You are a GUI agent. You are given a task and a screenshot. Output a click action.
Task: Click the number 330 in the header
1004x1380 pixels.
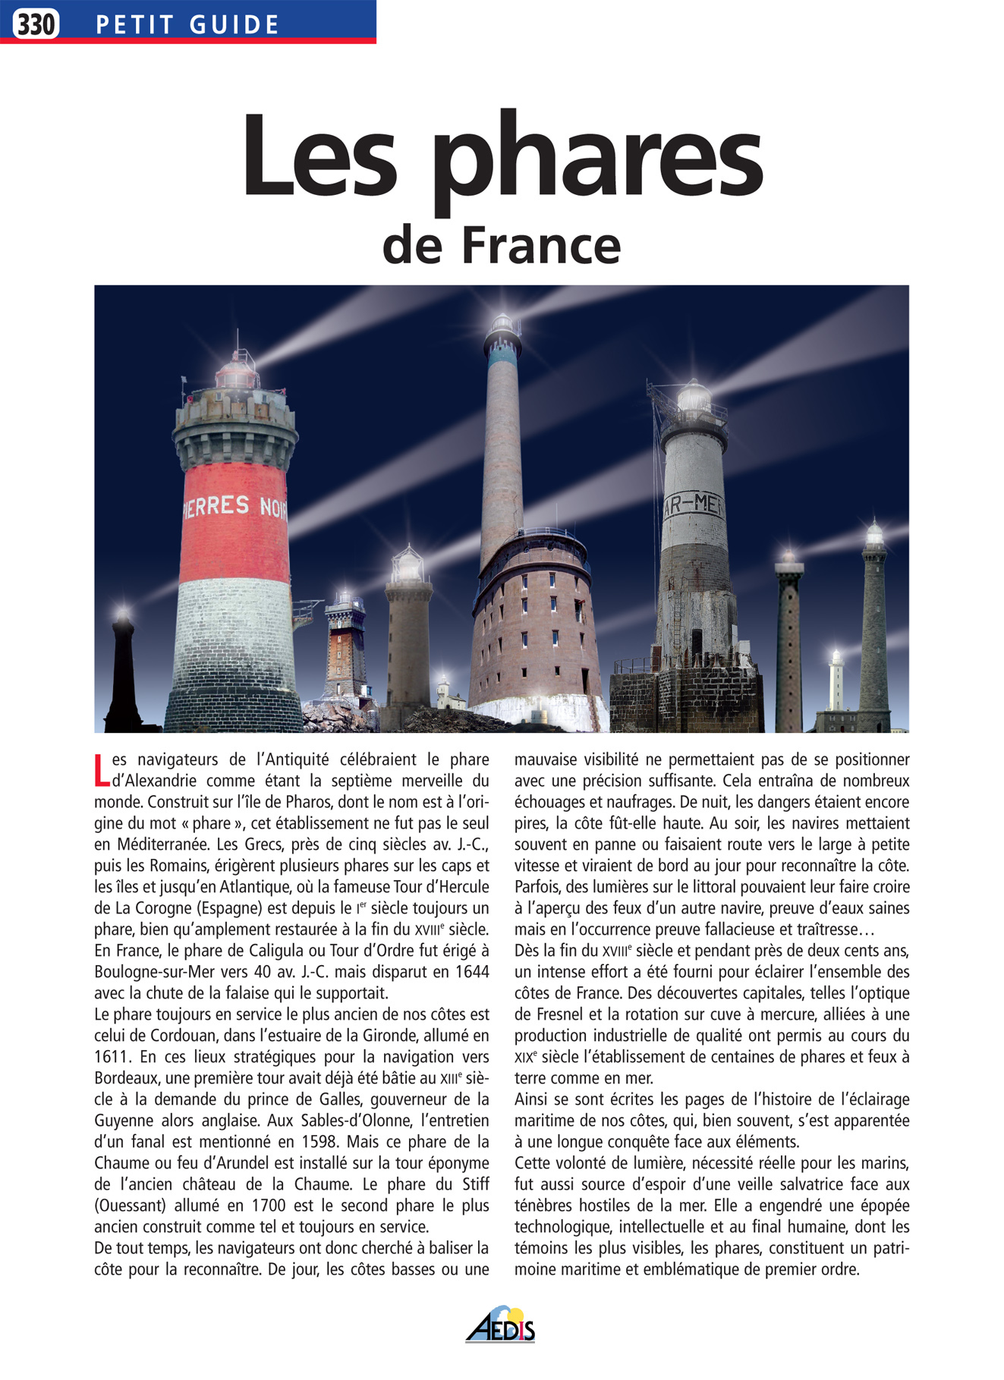click(36, 24)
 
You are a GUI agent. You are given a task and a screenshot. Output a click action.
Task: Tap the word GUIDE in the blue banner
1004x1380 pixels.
click(234, 25)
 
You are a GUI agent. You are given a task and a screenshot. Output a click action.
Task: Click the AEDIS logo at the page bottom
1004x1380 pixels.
click(501, 1324)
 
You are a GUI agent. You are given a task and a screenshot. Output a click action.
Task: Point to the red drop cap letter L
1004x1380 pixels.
click(102, 770)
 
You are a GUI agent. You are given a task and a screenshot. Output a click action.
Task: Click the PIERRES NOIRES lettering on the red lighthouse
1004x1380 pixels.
click(234, 508)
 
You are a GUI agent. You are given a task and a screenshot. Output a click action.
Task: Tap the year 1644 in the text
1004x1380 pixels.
click(471, 972)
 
